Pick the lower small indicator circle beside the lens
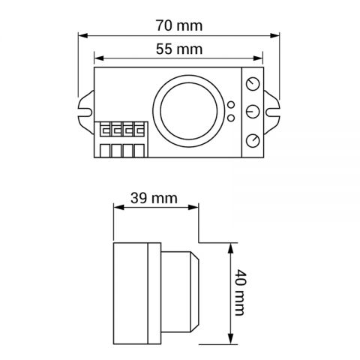(231, 118)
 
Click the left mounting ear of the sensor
(85, 111)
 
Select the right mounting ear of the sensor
(272, 111)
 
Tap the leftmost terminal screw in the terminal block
(106, 128)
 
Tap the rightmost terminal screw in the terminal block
(139, 128)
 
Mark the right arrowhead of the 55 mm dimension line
(262, 59)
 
